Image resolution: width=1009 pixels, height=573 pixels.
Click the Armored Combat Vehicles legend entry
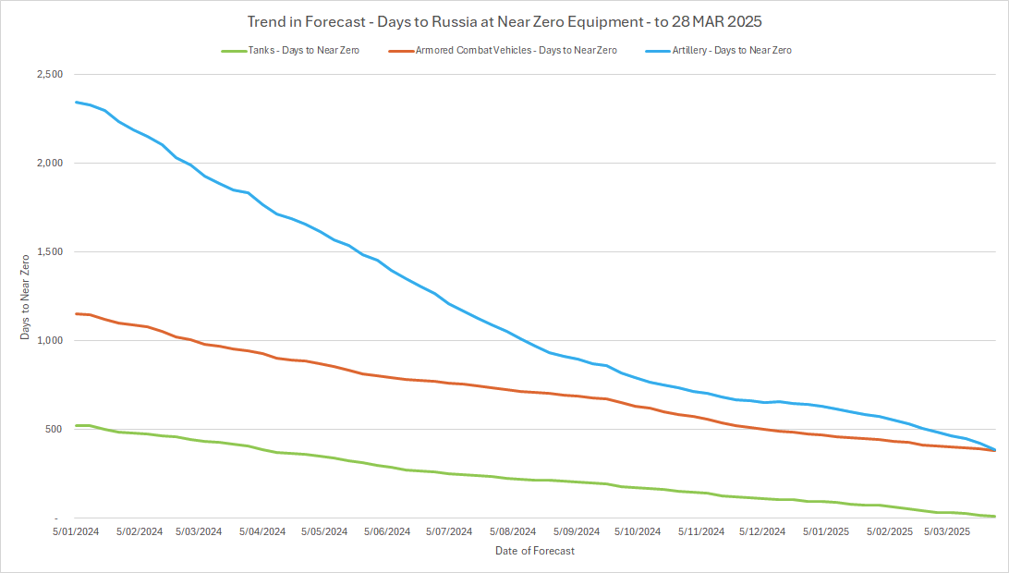point(504,50)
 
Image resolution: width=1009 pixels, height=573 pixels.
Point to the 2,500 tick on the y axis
point(49,74)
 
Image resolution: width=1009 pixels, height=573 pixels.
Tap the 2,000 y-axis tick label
point(49,163)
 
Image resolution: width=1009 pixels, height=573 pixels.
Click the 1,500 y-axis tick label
point(49,251)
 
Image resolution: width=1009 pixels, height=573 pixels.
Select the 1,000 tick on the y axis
point(49,340)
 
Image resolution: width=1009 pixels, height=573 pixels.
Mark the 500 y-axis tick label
point(55,429)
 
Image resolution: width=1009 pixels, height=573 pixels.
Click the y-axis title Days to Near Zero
point(25,296)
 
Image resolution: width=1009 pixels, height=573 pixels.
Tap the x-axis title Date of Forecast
point(534,551)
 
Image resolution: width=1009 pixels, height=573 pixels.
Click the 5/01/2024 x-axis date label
point(75,531)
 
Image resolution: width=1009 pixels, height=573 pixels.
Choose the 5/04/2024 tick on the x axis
point(261,531)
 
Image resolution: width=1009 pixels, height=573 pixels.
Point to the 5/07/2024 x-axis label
point(449,531)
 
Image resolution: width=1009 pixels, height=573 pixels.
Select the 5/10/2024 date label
point(638,531)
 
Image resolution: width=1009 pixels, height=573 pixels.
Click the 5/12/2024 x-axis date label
point(762,531)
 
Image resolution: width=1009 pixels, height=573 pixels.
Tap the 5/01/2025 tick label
point(825,531)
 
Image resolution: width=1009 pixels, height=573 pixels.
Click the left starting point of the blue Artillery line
point(76,102)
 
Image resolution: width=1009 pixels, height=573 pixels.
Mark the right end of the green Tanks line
point(994,516)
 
